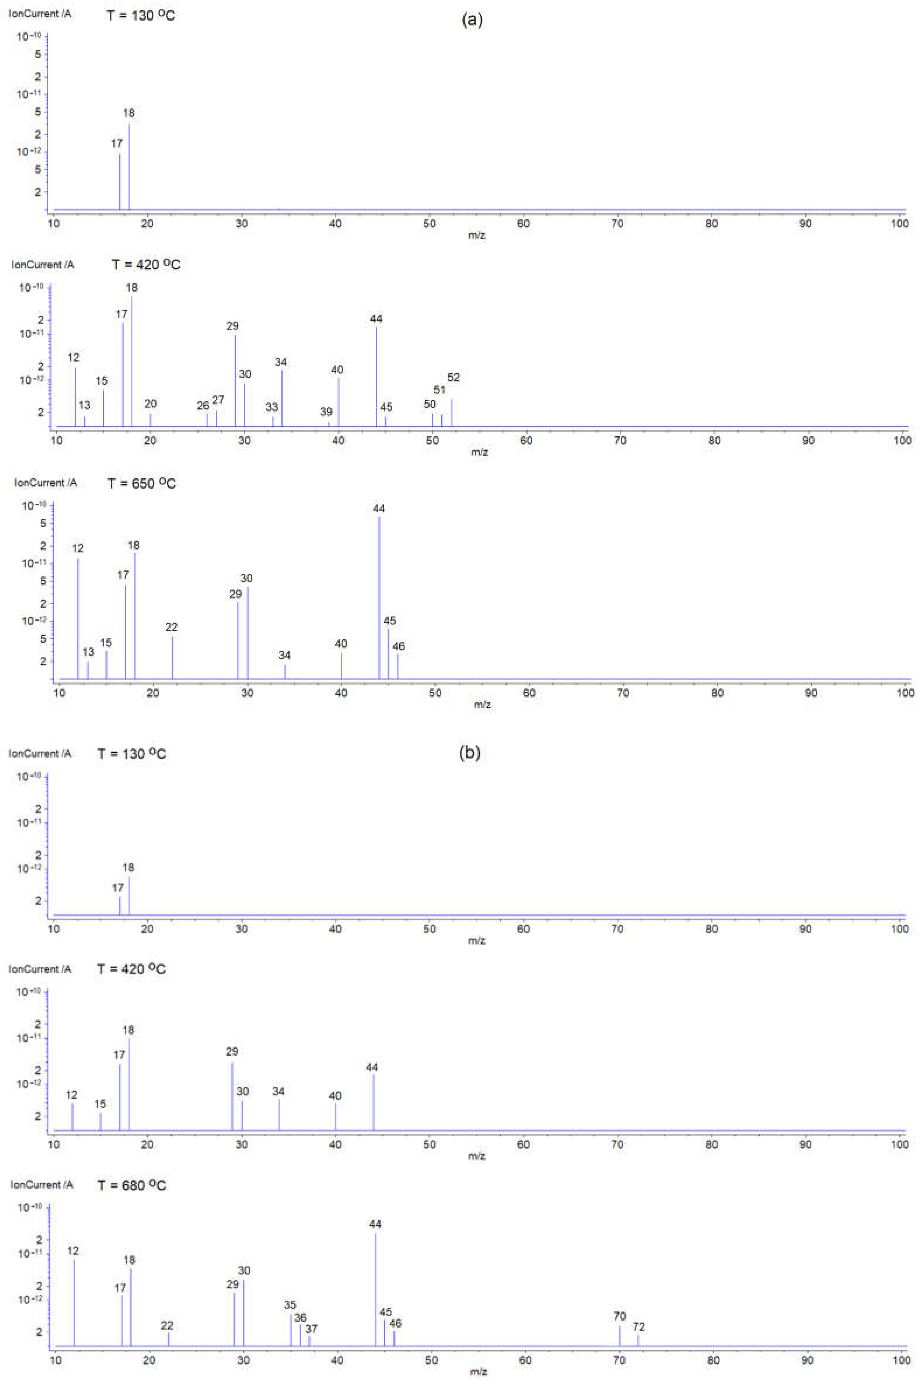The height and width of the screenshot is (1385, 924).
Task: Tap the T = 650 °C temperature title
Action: (141, 483)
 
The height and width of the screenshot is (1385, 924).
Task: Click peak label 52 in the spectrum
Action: (453, 378)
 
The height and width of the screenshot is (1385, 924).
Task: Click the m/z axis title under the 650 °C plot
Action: (482, 704)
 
